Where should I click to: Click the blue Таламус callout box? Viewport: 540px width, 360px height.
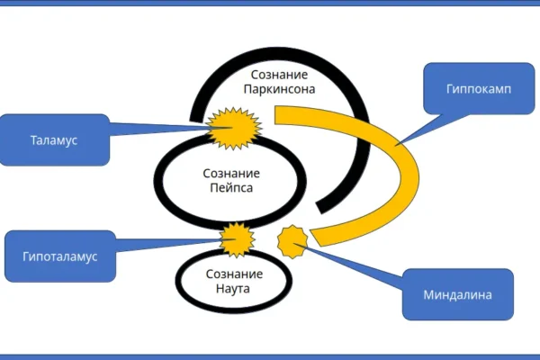point(55,140)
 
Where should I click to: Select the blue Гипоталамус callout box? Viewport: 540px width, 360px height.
point(58,256)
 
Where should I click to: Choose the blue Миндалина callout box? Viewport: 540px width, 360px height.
point(456,293)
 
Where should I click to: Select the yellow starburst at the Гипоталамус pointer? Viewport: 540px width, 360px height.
point(238,238)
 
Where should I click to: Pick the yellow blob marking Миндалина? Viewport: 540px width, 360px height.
point(293,239)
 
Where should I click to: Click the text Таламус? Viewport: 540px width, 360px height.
point(55,140)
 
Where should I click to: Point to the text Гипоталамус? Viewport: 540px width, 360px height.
point(58,256)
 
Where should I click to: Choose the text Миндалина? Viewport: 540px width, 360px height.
point(456,293)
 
